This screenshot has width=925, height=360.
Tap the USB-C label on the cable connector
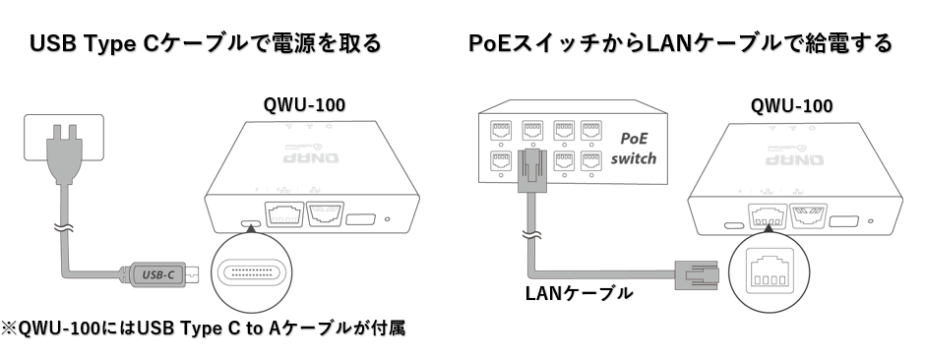click(158, 274)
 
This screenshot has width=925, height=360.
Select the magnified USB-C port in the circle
click(252, 272)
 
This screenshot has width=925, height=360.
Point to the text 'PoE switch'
click(633, 148)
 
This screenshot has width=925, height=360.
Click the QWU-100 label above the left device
click(304, 105)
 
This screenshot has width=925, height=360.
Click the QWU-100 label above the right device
click(791, 106)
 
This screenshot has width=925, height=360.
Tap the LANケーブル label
click(579, 292)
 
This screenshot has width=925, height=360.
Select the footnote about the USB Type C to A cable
click(203, 328)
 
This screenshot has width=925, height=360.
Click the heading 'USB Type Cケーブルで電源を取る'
click(206, 43)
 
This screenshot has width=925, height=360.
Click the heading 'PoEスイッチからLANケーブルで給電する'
click(680, 43)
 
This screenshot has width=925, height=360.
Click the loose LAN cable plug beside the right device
click(697, 274)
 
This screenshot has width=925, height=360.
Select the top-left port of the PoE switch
click(501, 131)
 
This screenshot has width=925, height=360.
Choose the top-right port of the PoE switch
click(591, 131)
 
